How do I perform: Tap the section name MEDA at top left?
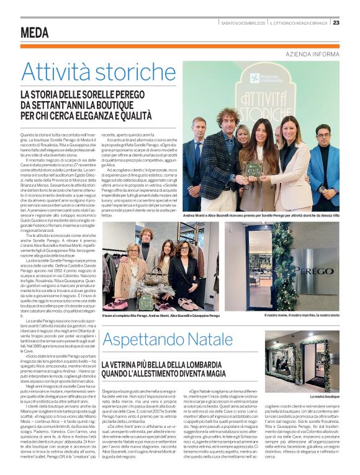click(x=34, y=33)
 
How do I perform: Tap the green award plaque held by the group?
click(x=252, y=169)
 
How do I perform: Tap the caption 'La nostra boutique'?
click(x=341, y=395)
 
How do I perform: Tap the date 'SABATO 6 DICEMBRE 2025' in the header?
click(x=243, y=23)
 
